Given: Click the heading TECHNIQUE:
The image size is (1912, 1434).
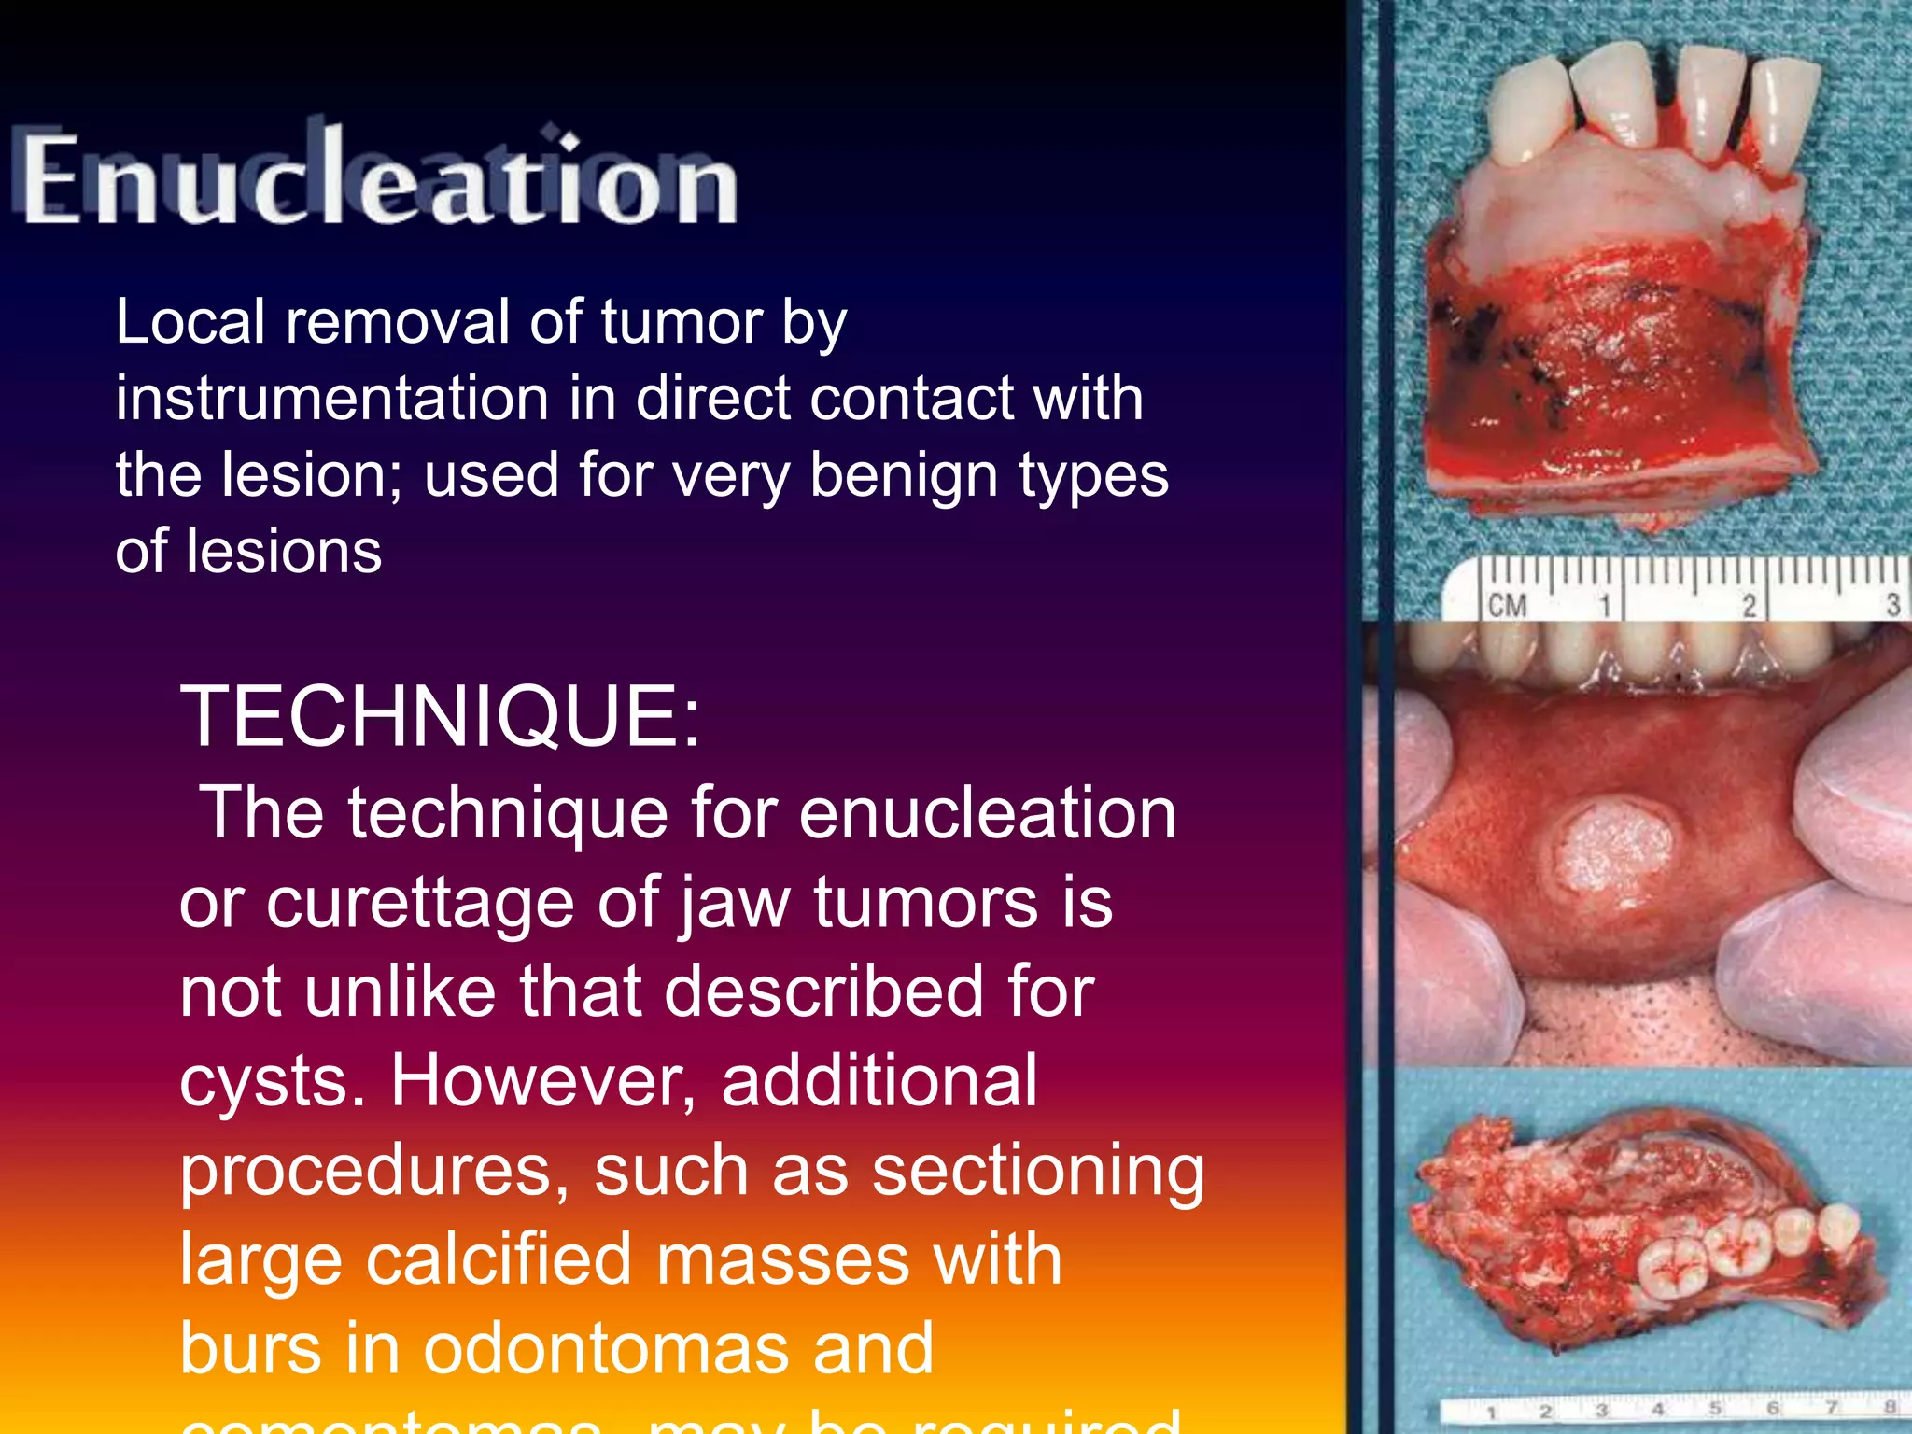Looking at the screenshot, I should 440,717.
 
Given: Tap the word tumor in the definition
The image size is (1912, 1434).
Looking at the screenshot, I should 682,322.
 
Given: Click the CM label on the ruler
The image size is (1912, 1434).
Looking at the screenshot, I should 1507,606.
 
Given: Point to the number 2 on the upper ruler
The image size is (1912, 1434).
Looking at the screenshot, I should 1750,606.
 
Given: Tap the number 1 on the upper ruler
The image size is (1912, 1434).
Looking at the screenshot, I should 1605,606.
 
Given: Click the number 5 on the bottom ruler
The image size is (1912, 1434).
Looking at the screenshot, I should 1714,1409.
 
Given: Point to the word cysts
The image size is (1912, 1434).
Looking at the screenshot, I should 270,1081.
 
